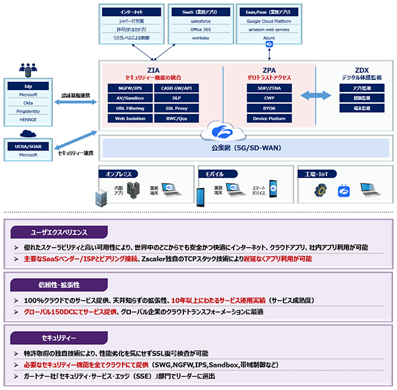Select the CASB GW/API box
coord(175,87)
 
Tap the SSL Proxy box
coord(175,108)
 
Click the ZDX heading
coord(361,69)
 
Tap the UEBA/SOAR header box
coord(28,146)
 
